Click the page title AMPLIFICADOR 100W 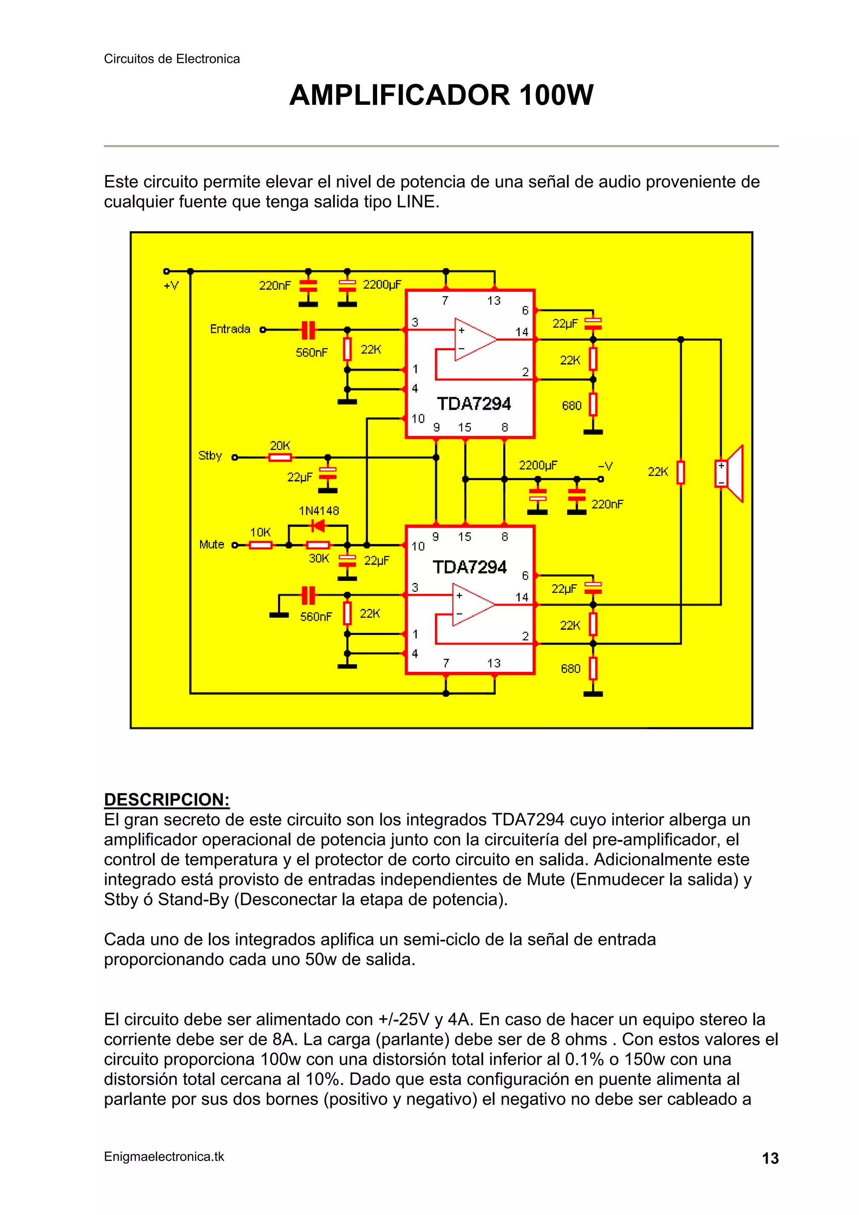click(441, 96)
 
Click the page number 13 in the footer click(770, 1158)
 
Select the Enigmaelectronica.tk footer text click(164, 1157)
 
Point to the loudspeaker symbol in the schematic click(730, 473)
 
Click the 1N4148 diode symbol click(318, 526)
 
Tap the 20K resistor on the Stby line click(280, 458)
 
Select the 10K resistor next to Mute click(260, 545)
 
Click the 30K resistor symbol click(318, 545)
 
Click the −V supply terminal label click(605, 466)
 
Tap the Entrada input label click(230, 329)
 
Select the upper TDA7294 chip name click(474, 404)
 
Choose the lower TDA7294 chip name click(470, 567)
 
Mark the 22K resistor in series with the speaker click(681, 472)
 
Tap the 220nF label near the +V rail click(275, 286)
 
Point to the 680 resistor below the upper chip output click(593, 405)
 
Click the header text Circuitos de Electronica click(172, 59)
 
